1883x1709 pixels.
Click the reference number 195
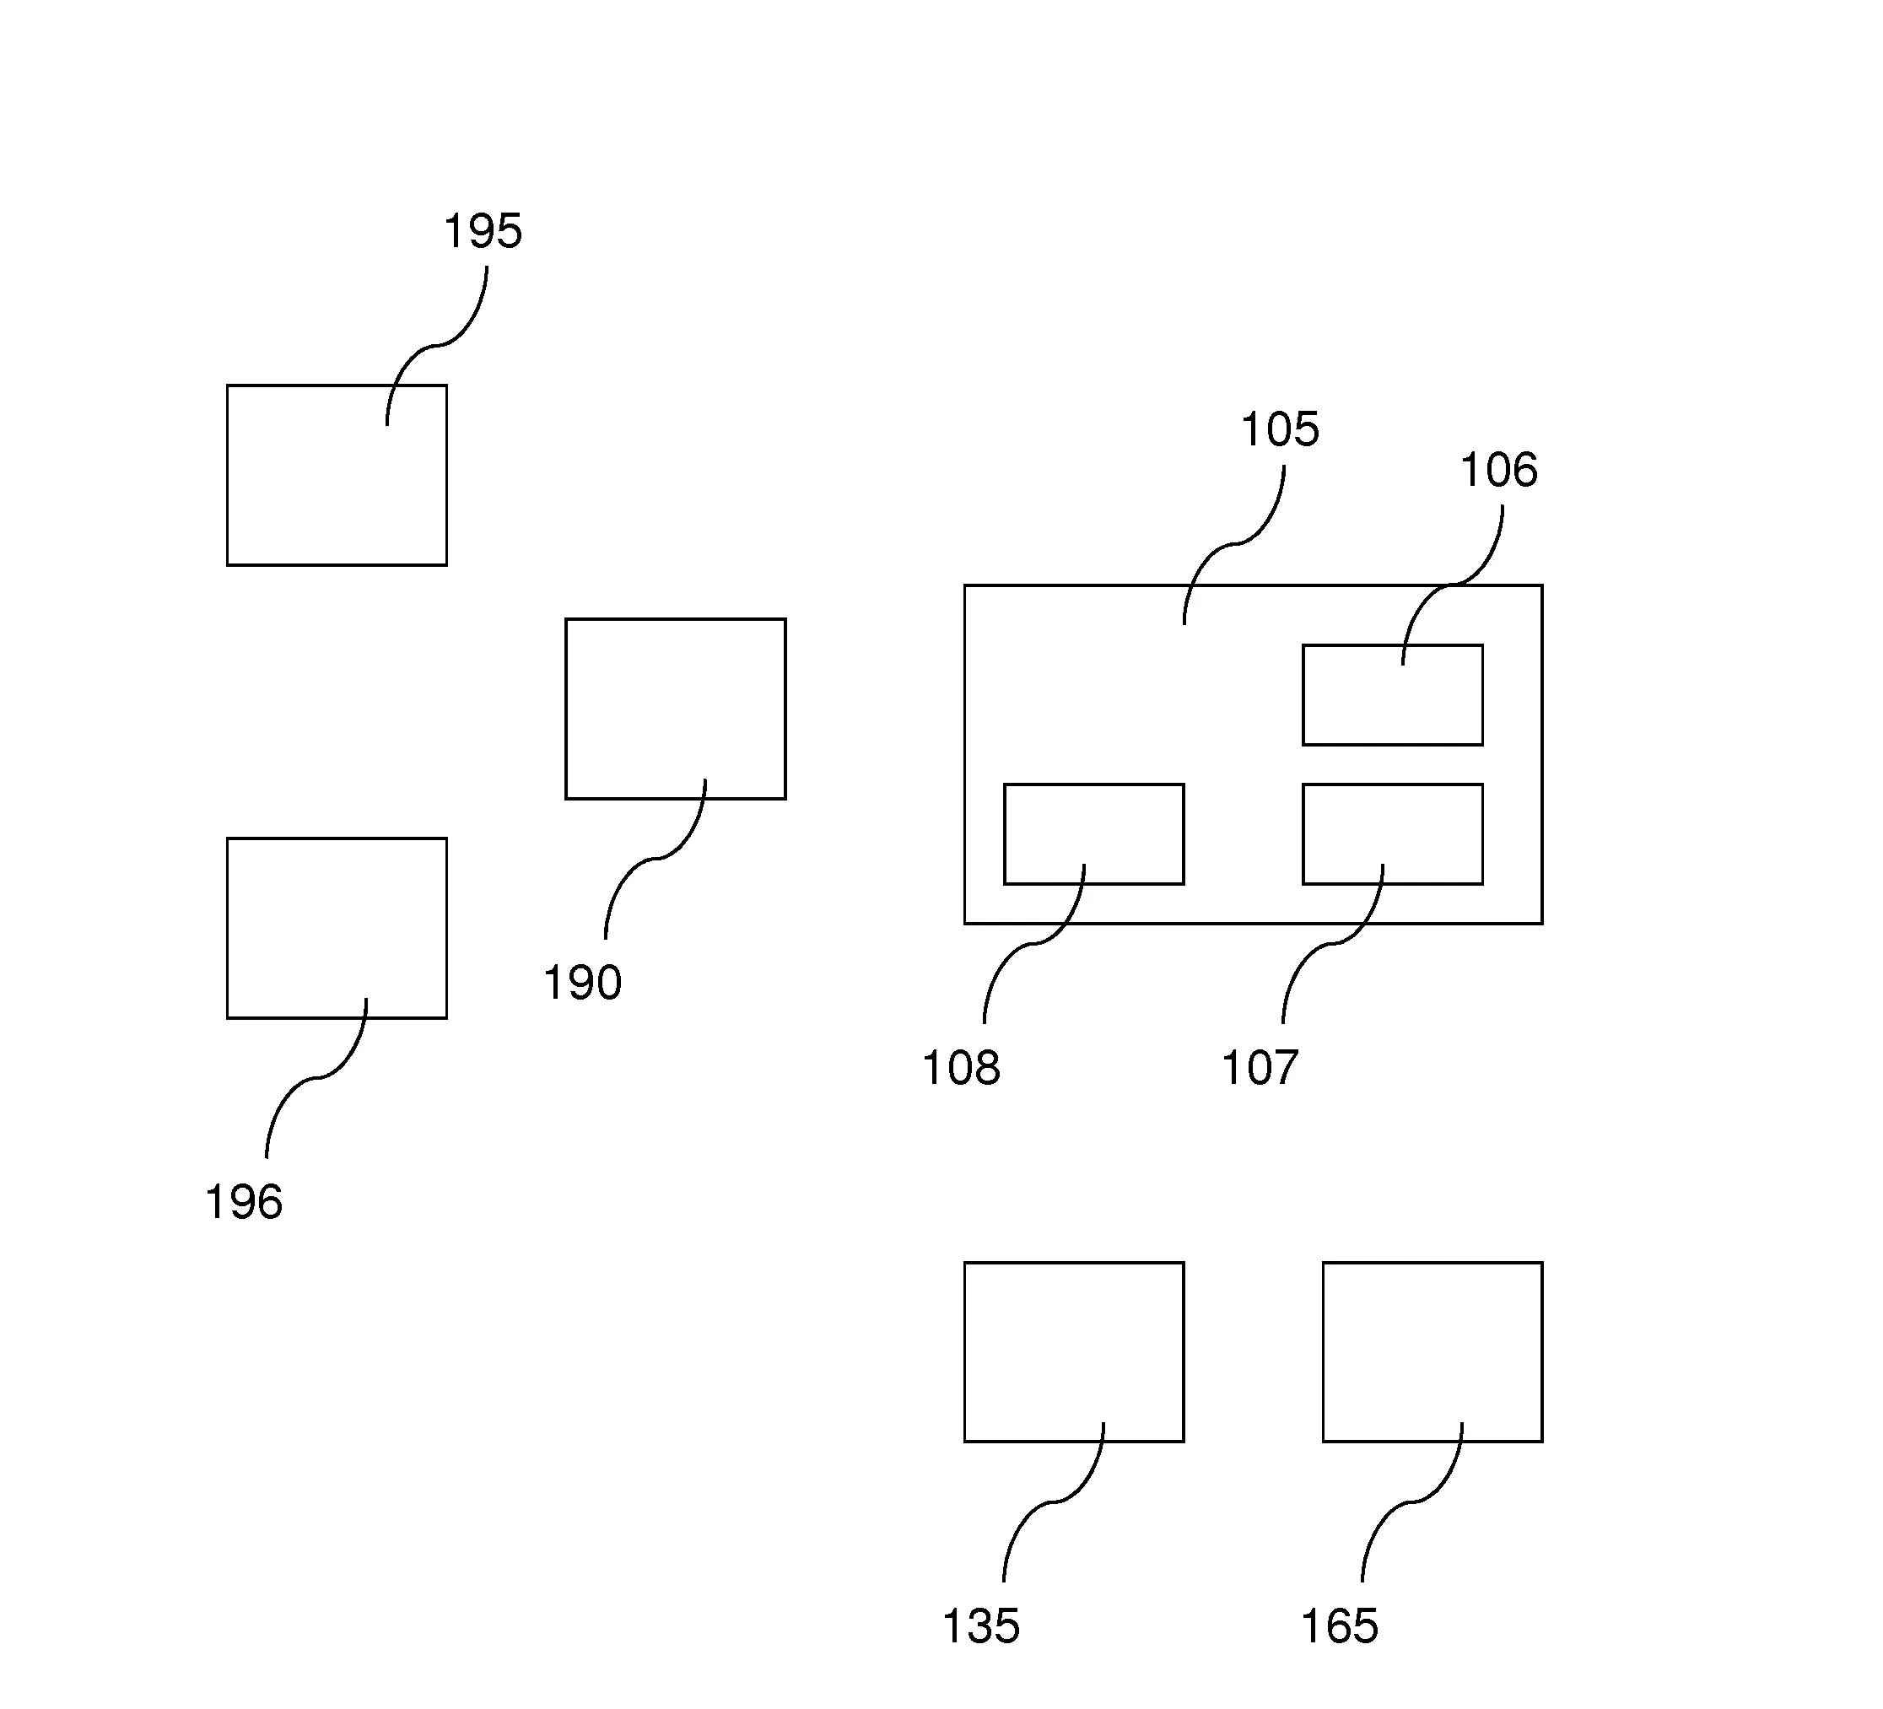pos(482,232)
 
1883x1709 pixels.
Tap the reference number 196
pos(244,1202)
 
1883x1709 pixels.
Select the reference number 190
pos(582,984)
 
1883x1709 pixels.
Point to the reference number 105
pos(1280,430)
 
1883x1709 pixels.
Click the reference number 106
pos(1498,470)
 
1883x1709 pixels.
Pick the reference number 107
pos(1260,1067)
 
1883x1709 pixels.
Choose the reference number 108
pos(961,1067)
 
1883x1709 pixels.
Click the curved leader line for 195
pos(437,345)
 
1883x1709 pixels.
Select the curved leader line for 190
pos(656,858)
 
